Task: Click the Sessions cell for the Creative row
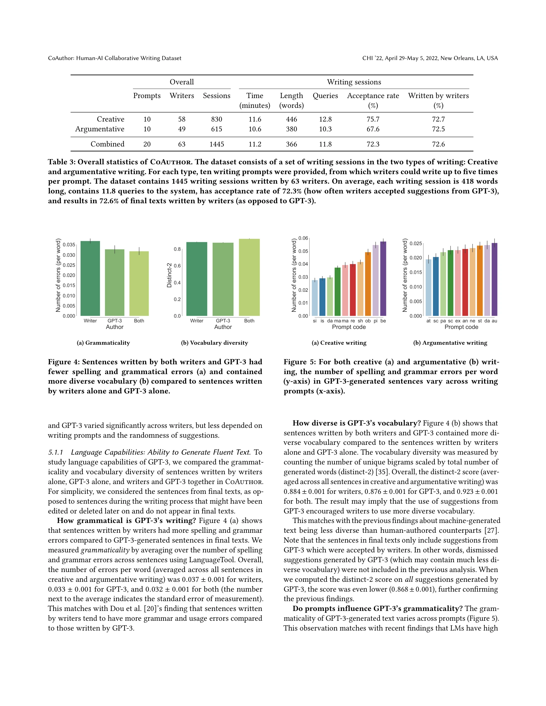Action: (x=216, y=119)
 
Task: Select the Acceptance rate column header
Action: (x=373, y=96)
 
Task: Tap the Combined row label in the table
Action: (x=107, y=144)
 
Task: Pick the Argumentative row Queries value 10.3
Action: (x=325, y=129)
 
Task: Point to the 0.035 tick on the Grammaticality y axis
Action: (x=69, y=245)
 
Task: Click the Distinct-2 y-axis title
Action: (x=169, y=275)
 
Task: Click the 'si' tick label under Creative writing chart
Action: (x=315, y=321)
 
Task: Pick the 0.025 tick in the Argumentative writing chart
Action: (x=416, y=243)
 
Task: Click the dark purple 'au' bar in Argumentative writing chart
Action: (x=494, y=279)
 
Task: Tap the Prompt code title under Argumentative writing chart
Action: (x=461, y=327)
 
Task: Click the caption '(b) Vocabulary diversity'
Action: (x=214, y=343)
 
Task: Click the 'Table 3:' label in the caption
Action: (x=62, y=162)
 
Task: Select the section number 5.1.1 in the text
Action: (x=56, y=452)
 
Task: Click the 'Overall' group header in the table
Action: (x=182, y=82)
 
